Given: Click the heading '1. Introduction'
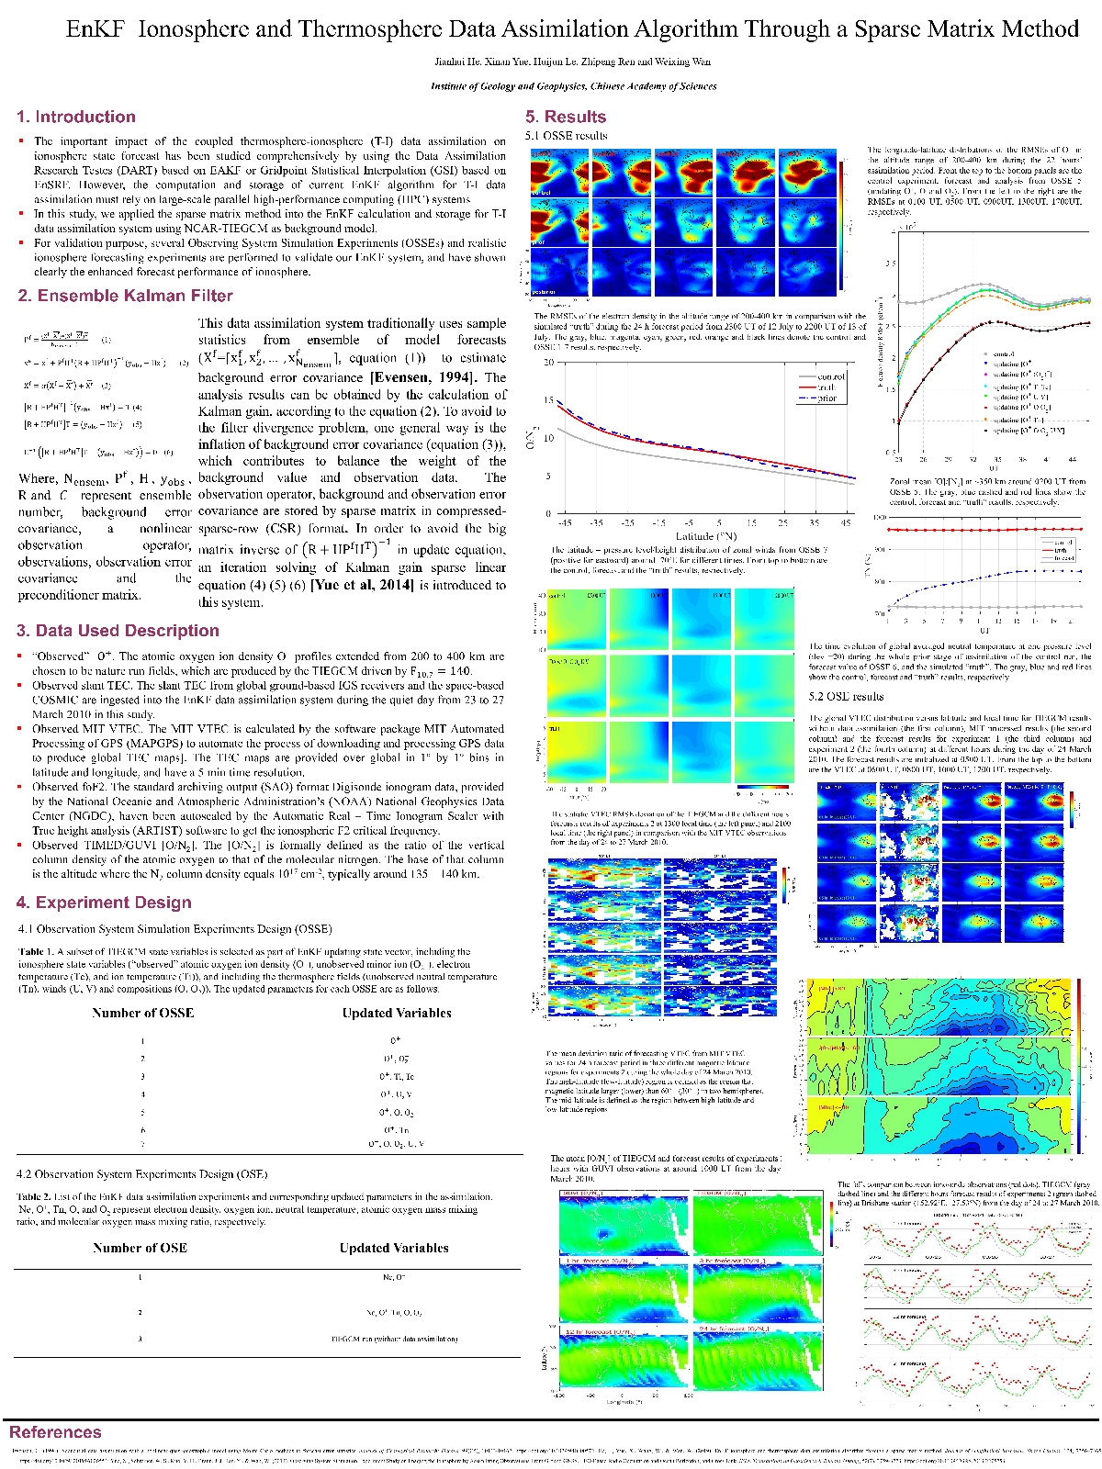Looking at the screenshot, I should [76, 117].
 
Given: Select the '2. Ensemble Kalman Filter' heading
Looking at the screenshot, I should [125, 296].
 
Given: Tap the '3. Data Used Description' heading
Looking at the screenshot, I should [118, 631].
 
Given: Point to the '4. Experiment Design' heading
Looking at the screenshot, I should [104, 903].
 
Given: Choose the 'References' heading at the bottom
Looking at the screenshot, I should [55, 1432].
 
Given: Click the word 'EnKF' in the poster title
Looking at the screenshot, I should [95, 29].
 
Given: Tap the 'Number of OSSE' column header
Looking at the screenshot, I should [142, 1013].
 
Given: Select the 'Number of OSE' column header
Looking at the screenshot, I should [140, 1248].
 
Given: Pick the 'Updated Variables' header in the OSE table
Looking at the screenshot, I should [394, 1248].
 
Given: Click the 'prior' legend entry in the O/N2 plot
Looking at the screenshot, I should [826, 398].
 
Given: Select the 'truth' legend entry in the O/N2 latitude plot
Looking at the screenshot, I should [826, 387].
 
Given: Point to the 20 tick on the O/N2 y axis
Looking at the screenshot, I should [548, 363].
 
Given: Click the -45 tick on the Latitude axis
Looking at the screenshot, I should [565, 522].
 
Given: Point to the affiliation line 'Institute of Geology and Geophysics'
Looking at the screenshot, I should [573, 86].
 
